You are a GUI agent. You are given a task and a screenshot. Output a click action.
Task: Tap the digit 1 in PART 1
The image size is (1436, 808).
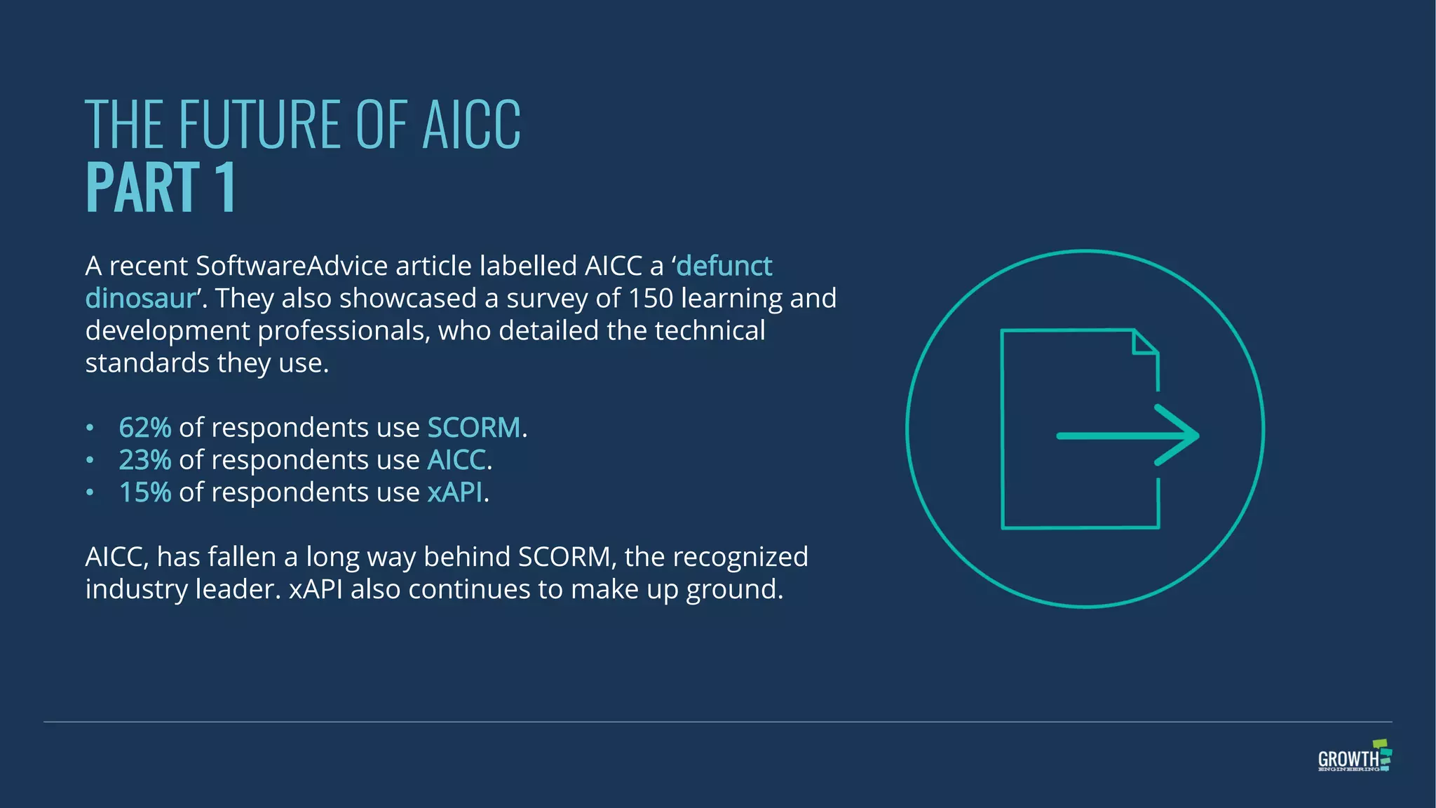point(226,188)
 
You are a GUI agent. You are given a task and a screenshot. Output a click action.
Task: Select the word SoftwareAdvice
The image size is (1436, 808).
point(292,267)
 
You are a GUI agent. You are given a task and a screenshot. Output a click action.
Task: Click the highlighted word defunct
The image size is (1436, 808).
point(724,267)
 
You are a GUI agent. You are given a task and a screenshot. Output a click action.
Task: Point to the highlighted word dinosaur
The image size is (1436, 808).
point(140,299)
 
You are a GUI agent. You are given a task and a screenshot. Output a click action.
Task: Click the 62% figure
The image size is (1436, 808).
point(145,428)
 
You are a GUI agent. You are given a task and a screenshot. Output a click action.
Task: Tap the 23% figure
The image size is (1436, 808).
point(145,460)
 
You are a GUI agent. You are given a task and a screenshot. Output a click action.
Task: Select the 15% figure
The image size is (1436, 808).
point(145,492)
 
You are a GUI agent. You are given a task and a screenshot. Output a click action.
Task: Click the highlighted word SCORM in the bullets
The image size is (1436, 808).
point(474,428)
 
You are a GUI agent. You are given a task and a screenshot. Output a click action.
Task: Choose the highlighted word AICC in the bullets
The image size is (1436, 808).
point(456,460)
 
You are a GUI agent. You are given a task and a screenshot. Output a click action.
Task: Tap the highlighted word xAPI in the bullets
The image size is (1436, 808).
point(455,492)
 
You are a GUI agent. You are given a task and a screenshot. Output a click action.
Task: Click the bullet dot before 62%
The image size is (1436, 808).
point(90,428)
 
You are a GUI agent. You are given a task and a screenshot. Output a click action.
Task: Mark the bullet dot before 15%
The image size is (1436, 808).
point(90,492)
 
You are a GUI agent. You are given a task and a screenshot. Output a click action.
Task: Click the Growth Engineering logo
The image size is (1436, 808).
point(1354,756)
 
